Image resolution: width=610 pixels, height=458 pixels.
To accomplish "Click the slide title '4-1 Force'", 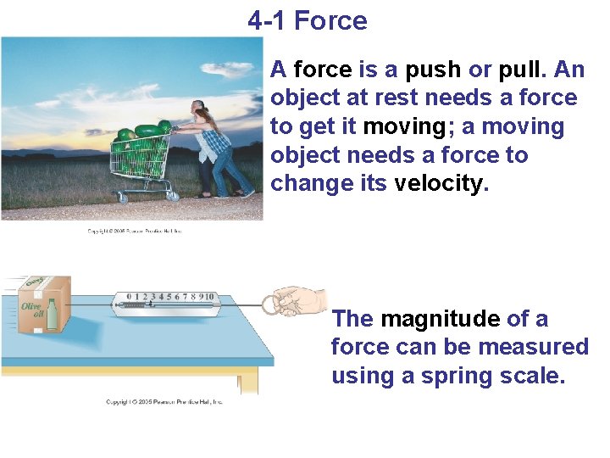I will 308,20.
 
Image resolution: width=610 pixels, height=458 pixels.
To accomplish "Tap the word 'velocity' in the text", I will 439,184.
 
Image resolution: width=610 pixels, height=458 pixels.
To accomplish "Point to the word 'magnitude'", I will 440,319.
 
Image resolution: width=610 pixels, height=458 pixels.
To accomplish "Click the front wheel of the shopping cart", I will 123,198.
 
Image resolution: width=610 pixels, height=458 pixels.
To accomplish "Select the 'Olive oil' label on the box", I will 32,310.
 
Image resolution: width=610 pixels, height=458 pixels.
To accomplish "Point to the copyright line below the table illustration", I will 164,401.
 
